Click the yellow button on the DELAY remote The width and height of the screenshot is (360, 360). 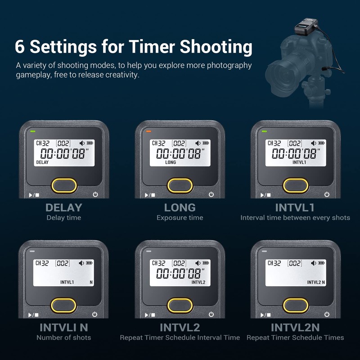pos(64,184)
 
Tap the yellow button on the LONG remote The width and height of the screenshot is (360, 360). pos(180,184)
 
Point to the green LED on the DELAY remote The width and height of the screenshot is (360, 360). pos(32,131)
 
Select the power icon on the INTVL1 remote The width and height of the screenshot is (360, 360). pos(327,194)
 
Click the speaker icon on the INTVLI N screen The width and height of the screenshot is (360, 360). pos(82,263)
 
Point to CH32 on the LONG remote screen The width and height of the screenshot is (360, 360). pos(158,143)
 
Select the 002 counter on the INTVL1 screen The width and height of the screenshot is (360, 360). pos(295,143)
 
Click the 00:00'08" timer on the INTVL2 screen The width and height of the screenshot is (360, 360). pos(180,273)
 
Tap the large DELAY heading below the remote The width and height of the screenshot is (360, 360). pos(64,207)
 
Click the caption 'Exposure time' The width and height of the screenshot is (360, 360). pos(180,218)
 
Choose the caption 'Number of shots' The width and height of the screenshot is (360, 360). pos(64,337)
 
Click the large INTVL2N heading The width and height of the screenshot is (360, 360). pos(295,327)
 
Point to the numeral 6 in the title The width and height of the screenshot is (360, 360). pos(20,47)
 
